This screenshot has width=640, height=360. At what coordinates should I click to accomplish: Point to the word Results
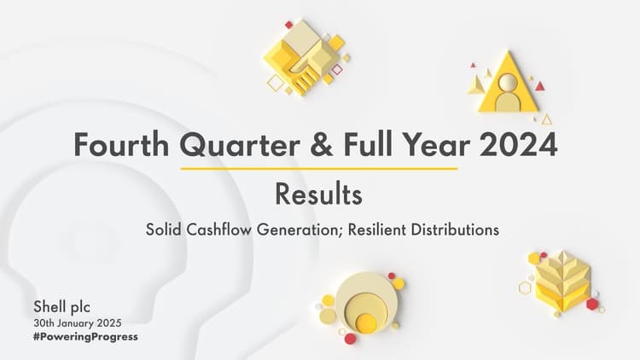tap(318, 194)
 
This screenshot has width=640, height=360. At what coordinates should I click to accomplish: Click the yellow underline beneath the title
tap(318, 168)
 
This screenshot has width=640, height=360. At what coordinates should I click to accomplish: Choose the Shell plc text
tap(61, 306)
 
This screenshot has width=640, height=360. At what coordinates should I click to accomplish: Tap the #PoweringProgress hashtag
tap(85, 336)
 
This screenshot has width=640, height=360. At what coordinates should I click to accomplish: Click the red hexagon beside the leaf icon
tap(592, 304)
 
